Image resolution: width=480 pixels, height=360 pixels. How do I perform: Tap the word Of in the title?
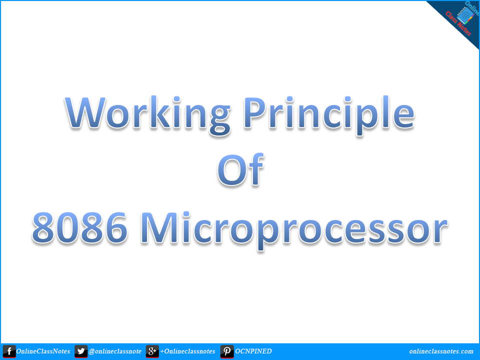pyautogui.click(x=239, y=170)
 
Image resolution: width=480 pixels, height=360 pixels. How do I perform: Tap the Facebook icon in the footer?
pyautogui.click(x=9, y=351)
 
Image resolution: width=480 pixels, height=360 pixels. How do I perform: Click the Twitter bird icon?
pyautogui.click(x=81, y=351)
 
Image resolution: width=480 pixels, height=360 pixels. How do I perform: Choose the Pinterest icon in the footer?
pyautogui.click(x=227, y=351)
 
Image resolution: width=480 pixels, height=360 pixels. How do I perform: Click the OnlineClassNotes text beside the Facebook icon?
pyautogui.click(x=44, y=351)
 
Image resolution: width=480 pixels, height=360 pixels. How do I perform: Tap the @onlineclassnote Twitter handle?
pyautogui.click(x=114, y=351)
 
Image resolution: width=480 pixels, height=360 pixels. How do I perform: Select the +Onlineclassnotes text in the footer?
pyautogui.click(x=187, y=351)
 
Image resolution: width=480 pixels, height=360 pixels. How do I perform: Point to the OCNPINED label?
pyautogui.click(x=253, y=351)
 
